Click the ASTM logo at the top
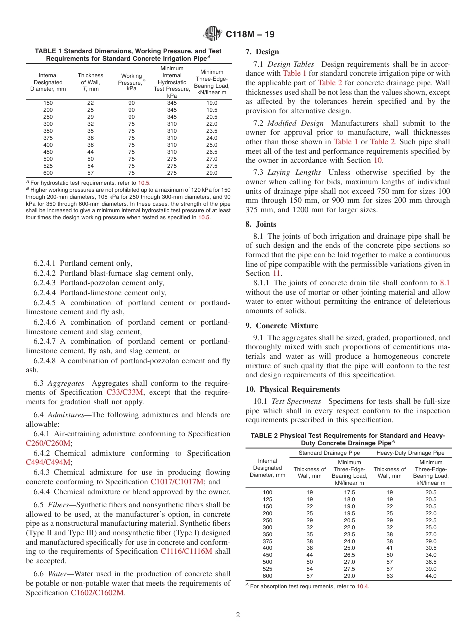point(213,34)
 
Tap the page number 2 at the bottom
point(237,615)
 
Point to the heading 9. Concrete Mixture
point(282,326)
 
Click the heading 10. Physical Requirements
point(293,389)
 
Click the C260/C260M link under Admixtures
point(49,443)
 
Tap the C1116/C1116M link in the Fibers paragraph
point(186,551)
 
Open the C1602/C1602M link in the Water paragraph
point(97,593)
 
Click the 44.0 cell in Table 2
point(431,576)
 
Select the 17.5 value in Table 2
point(349,492)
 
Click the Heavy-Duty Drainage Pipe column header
point(410,453)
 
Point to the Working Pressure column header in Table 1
point(131,82)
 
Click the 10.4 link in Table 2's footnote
point(362,586)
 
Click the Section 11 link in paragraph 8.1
point(277,273)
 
